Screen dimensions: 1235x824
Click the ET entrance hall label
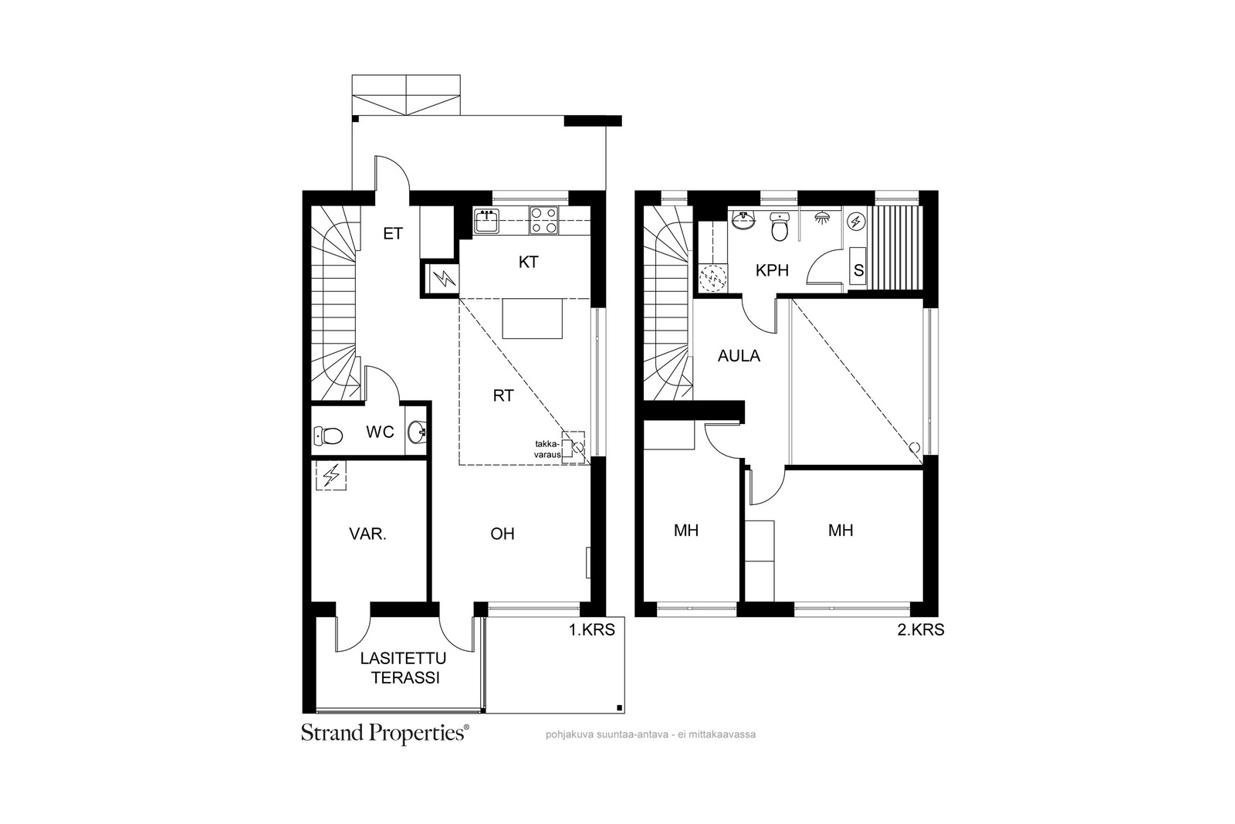coord(393,234)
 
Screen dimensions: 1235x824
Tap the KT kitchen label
coord(528,263)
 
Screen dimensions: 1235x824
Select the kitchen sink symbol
coord(487,221)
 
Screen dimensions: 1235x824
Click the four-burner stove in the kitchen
coord(543,221)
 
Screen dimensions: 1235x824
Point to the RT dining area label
coord(503,395)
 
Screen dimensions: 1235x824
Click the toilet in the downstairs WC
coord(328,436)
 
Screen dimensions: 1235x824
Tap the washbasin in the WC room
coord(418,432)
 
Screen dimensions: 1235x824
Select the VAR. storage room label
coord(367,534)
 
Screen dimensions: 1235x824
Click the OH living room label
coord(502,534)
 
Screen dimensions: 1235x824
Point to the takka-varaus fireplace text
coord(547,449)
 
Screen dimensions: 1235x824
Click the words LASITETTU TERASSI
coord(404,668)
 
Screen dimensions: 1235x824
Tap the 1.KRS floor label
coord(591,629)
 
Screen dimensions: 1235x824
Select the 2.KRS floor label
coord(921,629)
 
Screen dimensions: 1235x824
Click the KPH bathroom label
coord(772,270)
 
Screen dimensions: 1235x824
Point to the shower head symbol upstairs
coord(822,217)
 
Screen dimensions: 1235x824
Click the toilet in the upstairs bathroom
coord(779,227)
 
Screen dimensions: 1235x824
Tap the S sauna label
coord(858,271)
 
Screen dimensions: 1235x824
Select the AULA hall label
coord(739,356)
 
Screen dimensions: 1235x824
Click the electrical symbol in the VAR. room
coord(331,476)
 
